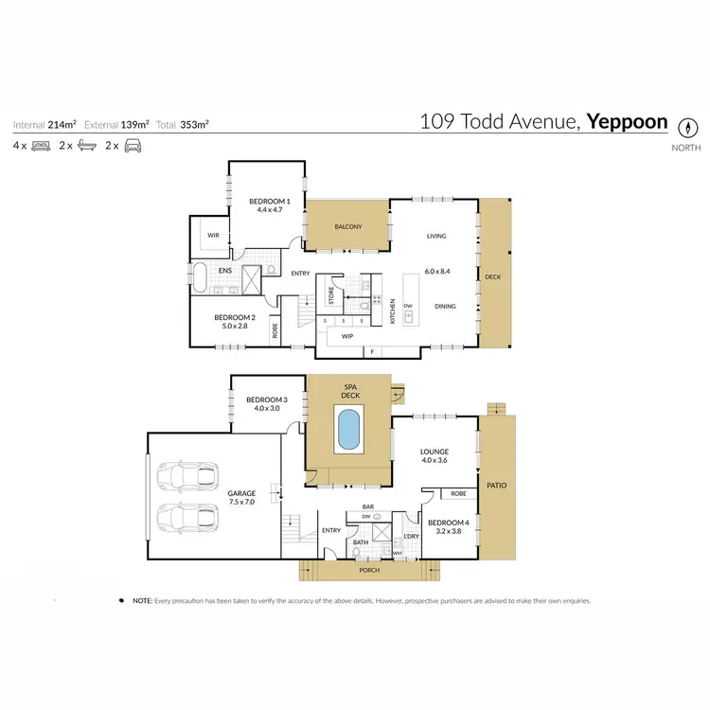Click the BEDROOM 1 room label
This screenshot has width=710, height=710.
pyautogui.click(x=269, y=202)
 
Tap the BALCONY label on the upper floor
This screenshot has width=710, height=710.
pyautogui.click(x=347, y=227)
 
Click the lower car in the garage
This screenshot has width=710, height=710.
pyautogui.click(x=187, y=519)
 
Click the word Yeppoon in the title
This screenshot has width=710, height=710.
pyautogui.click(x=627, y=122)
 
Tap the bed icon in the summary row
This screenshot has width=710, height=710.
pyautogui.click(x=41, y=146)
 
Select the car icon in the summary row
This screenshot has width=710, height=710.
pyautogui.click(x=133, y=146)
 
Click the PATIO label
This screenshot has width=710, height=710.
pyautogui.click(x=496, y=486)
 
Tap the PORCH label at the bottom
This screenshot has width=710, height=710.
pyautogui.click(x=368, y=570)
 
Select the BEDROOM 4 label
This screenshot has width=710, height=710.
pyautogui.click(x=447, y=523)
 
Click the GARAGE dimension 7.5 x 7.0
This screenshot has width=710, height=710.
pyautogui.click(x=241, y=502)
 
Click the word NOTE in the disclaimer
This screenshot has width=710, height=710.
pyautogui.click(x=142, y=600)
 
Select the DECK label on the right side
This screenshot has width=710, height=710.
pyautogui.click(x=492, y=277)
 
